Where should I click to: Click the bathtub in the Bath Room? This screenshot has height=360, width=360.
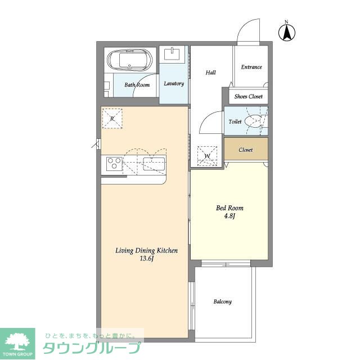[130, 60]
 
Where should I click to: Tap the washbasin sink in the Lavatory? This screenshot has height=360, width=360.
[172, 54]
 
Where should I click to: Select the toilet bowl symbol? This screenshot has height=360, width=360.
[253, 121]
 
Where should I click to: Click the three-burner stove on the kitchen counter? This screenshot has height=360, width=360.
[114, 164]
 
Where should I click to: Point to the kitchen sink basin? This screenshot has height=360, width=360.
[154, 164]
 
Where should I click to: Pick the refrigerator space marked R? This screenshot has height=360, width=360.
[112, 119]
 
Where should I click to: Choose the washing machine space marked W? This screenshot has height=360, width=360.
[207, 156]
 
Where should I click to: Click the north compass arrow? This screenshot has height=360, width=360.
[287, 33]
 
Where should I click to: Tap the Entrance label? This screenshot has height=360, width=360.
[251, 67]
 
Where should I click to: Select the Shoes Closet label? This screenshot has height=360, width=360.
[249, 96]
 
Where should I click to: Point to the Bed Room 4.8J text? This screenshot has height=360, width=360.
[229, 212]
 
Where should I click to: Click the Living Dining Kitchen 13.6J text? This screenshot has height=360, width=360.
[146, 254]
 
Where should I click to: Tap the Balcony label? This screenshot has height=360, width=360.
[223, 301]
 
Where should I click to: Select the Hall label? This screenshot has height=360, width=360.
[210, 73]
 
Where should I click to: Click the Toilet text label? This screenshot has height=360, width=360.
[235, 121]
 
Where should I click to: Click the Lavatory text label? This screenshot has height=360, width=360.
[174, 84]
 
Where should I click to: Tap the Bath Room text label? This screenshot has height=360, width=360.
[137, 85]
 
